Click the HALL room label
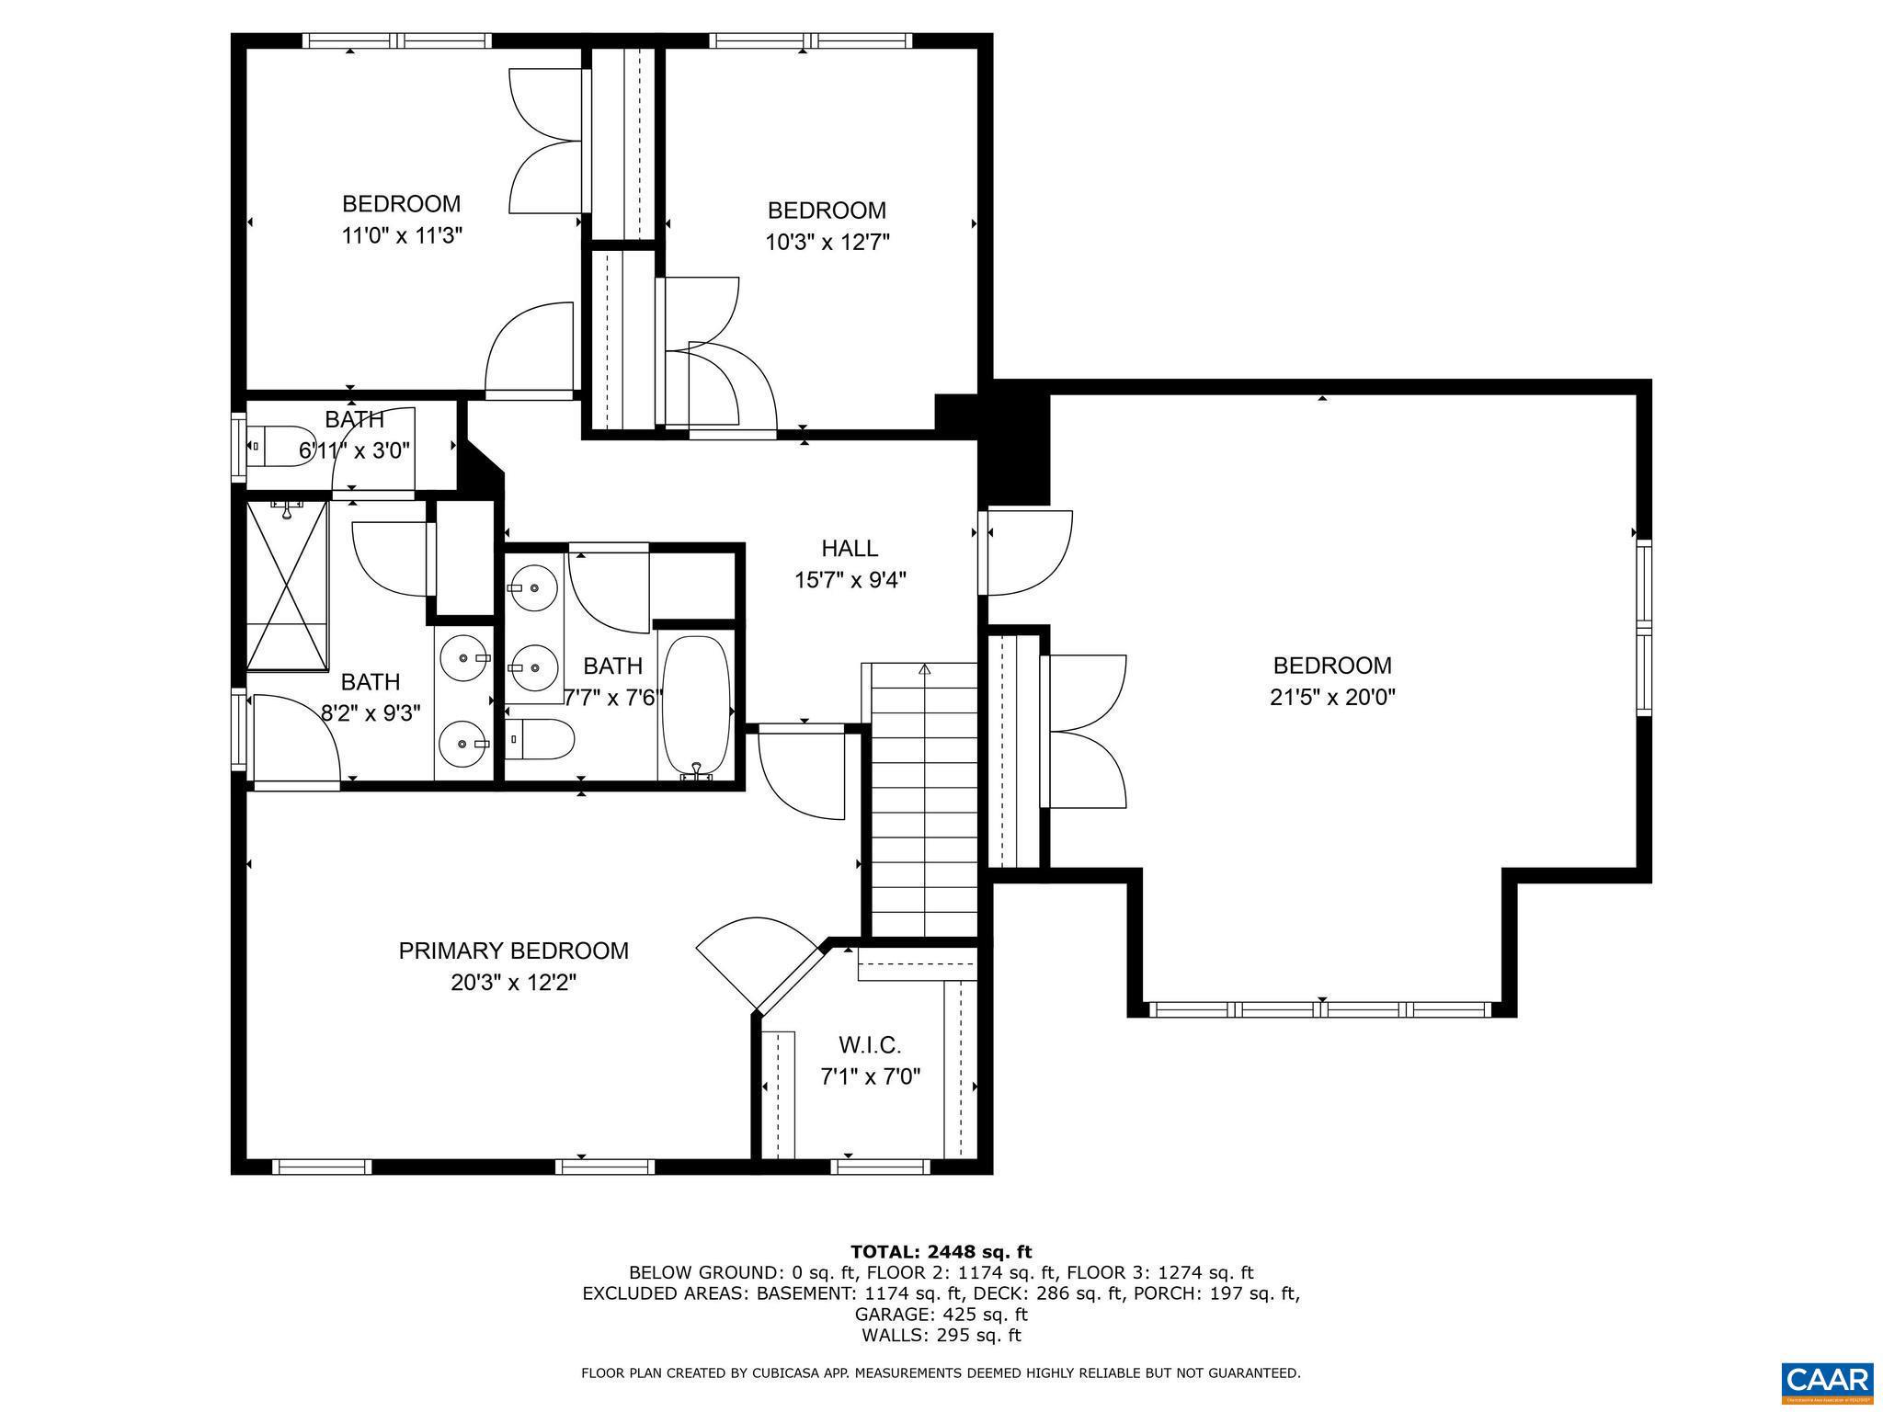849,549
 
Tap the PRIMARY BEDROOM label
513,951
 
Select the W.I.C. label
869,1045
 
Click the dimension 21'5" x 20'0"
1332,698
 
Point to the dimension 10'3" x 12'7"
827,243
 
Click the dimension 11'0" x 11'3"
401,235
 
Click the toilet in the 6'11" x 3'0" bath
280,447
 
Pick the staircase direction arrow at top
924,670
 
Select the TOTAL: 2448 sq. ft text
941,1251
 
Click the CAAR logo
1827,1382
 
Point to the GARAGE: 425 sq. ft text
941,1315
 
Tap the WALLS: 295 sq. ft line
941,1336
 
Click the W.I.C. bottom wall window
880,1167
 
